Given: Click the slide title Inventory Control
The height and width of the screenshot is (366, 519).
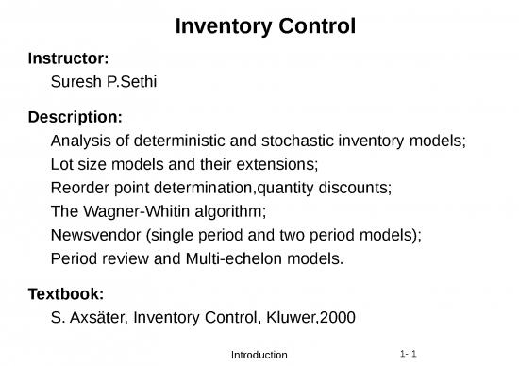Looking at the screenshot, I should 265,26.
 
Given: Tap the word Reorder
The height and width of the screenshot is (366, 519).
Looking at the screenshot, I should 80,188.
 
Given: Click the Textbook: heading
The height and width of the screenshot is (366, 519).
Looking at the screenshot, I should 67,293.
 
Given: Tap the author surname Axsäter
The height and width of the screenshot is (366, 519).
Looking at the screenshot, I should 98,317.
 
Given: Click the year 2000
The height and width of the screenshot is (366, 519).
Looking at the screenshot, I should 337,317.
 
